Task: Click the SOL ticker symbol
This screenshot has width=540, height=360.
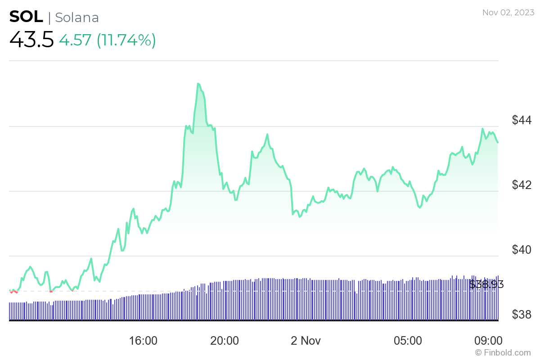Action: pyautogui.click(x=26, y=17)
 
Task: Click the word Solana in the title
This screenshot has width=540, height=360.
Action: pyautogui.click(x=77, y=18)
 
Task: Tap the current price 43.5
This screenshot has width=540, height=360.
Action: pyautogui.click(x=31, y=40)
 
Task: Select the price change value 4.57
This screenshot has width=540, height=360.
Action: pyautogui.click(x=75, y=40)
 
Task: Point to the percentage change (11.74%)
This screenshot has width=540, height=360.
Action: pyautogui.click(x=126, y=40)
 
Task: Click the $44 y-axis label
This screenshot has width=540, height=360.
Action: pyautogui.click(x=522, y=120)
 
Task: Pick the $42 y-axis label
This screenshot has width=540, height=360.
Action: pyautogui.click(x=522, y=185)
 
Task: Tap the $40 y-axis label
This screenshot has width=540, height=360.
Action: pyautogui.click(x=522, y=250)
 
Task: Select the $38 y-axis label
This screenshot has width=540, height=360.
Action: pyautogui.click(x=522, y=315)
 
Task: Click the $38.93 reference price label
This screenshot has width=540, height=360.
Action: pyautogui.click(x=486, y=284)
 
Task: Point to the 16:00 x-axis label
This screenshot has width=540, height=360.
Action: pyautogui.click(x=143, y=341)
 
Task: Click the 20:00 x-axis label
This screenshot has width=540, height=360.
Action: pyautogui.click(x=225, y=341)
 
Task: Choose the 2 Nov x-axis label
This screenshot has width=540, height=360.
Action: pyautogui.click(x=306, y=341)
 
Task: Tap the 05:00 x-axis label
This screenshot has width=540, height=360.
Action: pyautogui.click(x=408, y=341)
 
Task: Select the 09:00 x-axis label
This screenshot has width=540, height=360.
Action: pyautogui.click(x=489, y=341)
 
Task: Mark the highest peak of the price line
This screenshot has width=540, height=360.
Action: pyautogui.click(x=198, y=84)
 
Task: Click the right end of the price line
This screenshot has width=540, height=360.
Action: pyautogui.click(x=498, y=142)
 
